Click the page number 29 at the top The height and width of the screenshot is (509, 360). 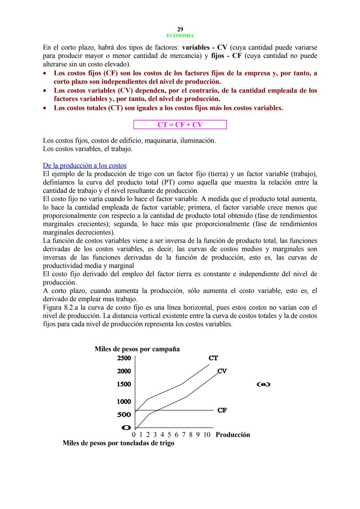pyautogui.click(x=180, y=29)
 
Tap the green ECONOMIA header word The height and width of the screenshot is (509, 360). pyautogui.click(x=180, y=36)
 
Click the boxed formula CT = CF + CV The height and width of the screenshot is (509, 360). pyautogui.click(x=180, y=125)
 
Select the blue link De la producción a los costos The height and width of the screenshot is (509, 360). pyautogui.click(x=85, y=166)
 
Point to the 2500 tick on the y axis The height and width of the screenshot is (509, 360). pyautogui.click(x=124, y=358)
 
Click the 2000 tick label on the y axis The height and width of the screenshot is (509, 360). pyautogui.click(x=124, y=371)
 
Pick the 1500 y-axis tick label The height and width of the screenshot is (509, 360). pyautogui.click(x=124, y=384)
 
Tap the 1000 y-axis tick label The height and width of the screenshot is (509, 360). pyautogui.click(x=124, y=401)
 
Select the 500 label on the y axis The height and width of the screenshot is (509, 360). pyautogui.click(x=124, y=414)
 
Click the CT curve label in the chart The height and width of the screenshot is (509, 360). pyautogui.click(x=213, y=358)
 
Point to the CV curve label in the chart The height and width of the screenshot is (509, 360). pyautogui.click(x=222, y=371)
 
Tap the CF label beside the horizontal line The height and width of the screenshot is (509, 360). pyautogui.click(x=222, y=410)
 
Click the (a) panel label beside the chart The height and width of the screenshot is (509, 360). pyautogui.click(x=263, y=384)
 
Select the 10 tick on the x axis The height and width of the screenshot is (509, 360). pyautogui.click(x=207, y=435)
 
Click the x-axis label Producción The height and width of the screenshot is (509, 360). pyautogui.click(x=233, y=435)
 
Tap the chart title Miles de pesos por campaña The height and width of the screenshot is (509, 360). pyautogui.click(x=137, y=349)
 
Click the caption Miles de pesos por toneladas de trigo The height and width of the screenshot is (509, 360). pyautogui.click(x=118, y=443)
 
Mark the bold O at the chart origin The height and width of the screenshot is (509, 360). pyautogui.click(x=126, y=427)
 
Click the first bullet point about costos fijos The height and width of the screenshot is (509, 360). pyautogui.click(x=185, y=77)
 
